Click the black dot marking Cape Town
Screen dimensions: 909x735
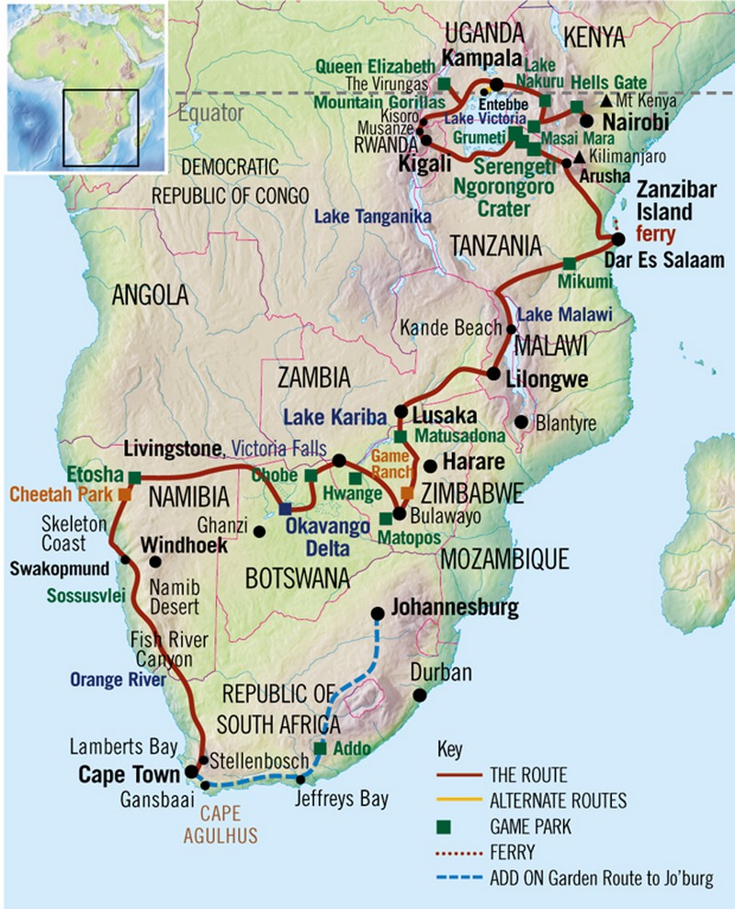[191, 771]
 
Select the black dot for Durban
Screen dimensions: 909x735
[420, 695]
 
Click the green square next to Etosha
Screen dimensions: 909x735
[134, 477]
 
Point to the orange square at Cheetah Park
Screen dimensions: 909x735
[123, 494]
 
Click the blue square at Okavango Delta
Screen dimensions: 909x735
[286, 508]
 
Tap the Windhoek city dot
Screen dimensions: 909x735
[155, 561]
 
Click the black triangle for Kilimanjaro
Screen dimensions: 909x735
[579, 158]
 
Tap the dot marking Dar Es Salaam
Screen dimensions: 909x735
[617, 240]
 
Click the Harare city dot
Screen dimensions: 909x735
[429, 466]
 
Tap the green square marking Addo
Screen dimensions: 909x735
[320, 747]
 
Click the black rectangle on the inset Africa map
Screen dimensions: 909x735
[100, 128]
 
